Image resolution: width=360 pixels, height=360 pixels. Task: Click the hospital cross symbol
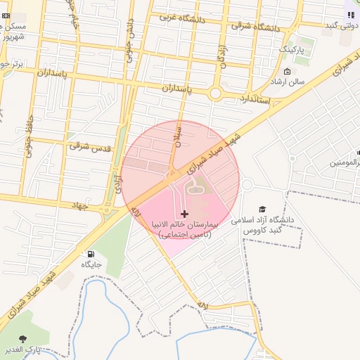185,213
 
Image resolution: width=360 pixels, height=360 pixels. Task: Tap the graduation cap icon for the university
263,209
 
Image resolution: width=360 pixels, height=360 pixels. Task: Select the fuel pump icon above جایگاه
91,254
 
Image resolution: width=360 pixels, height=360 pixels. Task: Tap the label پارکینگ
292,50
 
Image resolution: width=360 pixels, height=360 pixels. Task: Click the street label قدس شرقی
89,146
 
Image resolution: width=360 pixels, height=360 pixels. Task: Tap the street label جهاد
82,204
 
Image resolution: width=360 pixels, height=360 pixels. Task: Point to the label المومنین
345,162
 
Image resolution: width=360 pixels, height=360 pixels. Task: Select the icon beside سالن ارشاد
287,71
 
